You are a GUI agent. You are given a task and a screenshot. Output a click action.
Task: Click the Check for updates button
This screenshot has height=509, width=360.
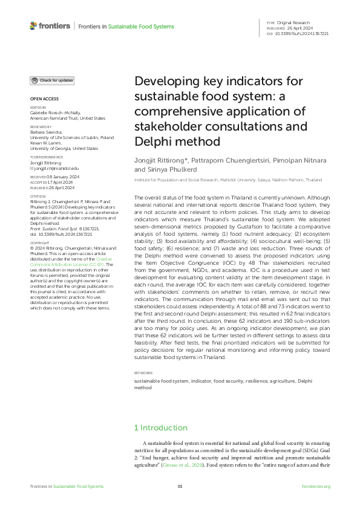tap(53, 80)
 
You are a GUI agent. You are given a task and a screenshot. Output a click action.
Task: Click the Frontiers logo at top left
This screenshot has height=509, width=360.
tap(49, 26)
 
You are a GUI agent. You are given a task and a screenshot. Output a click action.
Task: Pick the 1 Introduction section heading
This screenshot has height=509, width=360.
tap(160, 428)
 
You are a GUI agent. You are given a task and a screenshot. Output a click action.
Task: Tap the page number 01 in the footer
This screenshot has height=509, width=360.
tap(180, 486)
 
